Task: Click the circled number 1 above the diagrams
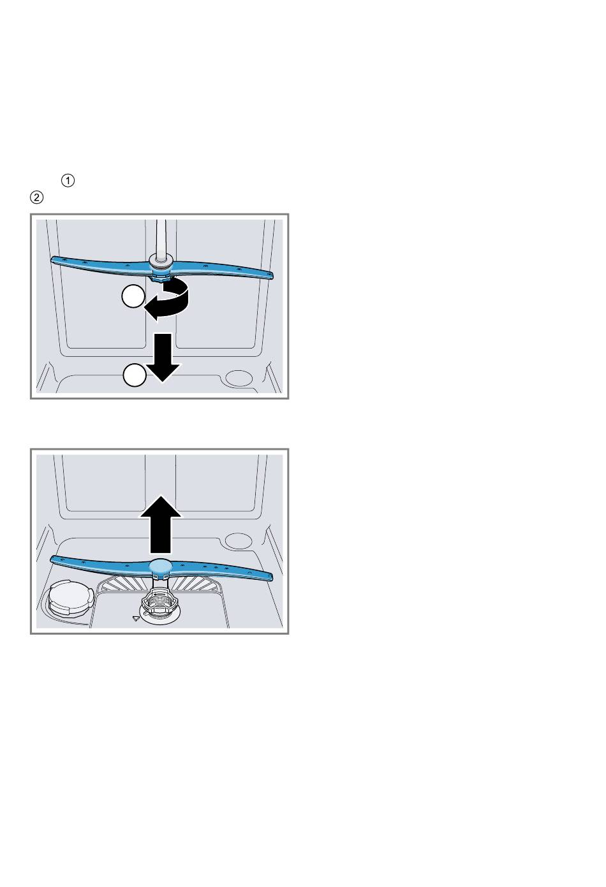click(x=68, y=180)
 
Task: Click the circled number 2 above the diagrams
click(x=37, y=197)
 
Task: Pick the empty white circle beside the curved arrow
click(x=133, y=296)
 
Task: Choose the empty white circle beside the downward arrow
click(x=135, y=375)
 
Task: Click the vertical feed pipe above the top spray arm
click(x=161, y=238)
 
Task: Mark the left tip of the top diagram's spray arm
click(x=52, y=259)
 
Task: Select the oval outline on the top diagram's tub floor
click(x=238, y=377)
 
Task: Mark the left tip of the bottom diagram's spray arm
click(x=52, y=559)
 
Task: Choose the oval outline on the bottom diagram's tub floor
click(x=238, y=540)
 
